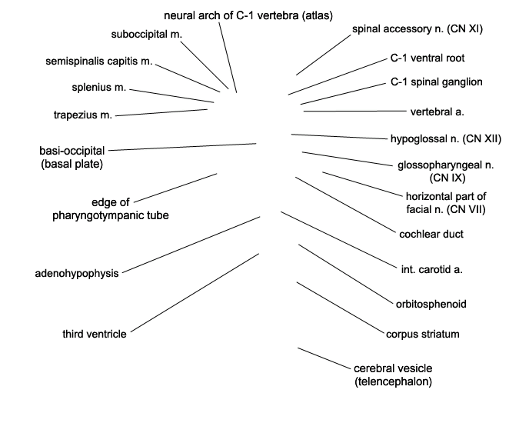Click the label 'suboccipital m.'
147,35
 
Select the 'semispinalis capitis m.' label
99,62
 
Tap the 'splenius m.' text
99,88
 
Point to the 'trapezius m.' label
83,115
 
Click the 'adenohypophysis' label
77,273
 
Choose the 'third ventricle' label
95,334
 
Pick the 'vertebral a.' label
437,112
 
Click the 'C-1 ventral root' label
428,58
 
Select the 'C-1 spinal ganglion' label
437,82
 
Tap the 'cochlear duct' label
431,234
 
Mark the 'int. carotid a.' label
431,269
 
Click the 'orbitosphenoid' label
431,304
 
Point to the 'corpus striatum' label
423,334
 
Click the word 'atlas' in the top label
317,15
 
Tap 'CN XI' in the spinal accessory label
464,29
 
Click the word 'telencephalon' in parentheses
393,381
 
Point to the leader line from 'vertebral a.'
354,112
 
